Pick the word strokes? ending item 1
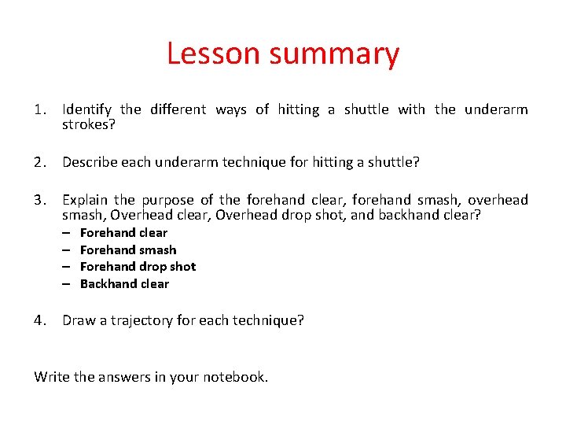coord(89,124)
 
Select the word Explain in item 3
coord(86,200)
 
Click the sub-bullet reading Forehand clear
coord(123,233)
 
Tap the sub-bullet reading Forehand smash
coord(128,250)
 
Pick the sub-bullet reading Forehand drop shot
coord(138,267)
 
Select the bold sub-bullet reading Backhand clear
coord(124,284)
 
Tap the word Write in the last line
coord(52,377)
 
